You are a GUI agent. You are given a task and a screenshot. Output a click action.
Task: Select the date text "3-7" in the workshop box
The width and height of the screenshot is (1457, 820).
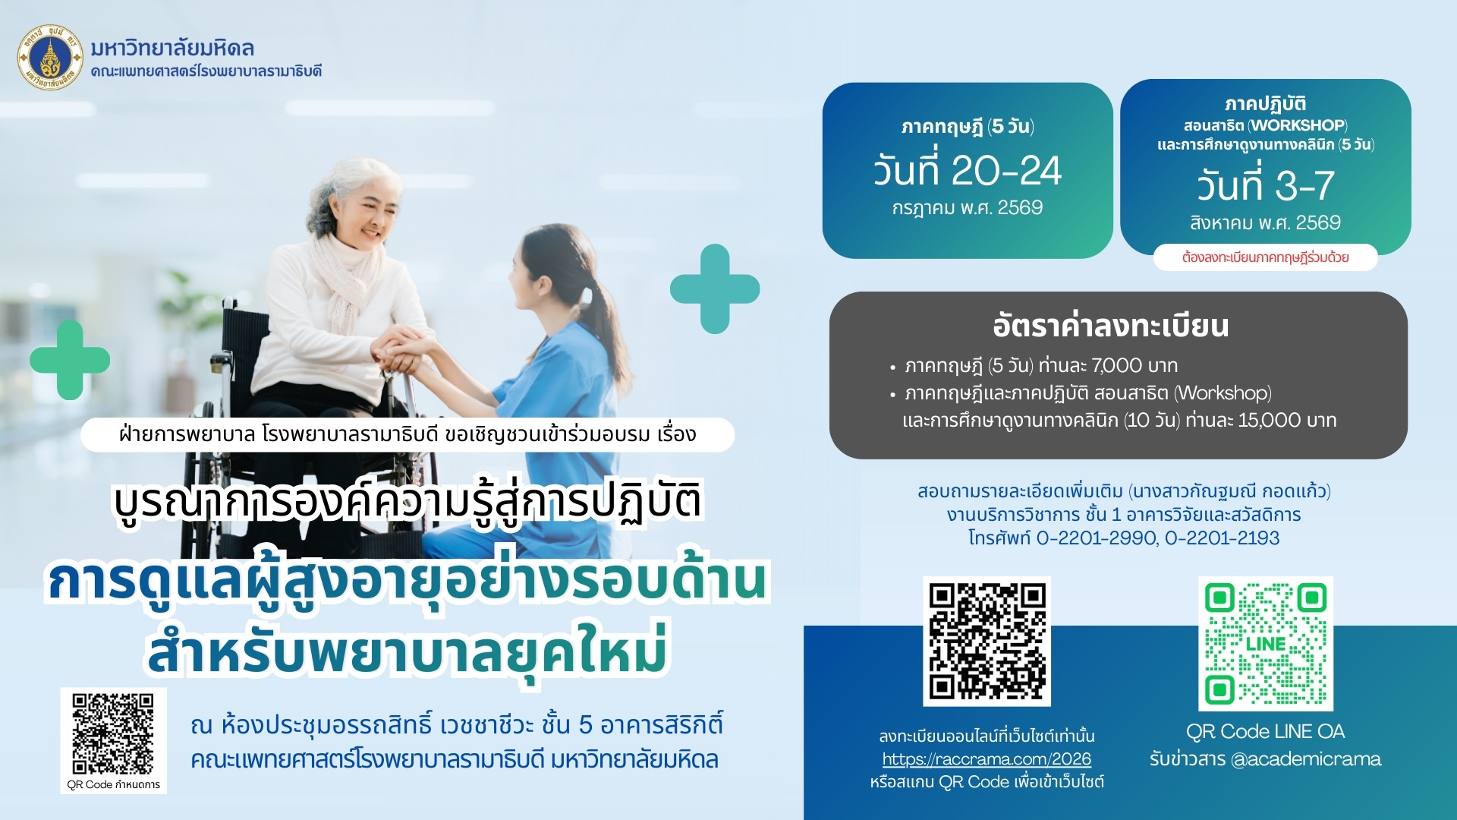point(1304,185)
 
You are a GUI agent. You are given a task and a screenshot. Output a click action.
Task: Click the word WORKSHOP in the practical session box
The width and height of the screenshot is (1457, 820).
point(1298,125)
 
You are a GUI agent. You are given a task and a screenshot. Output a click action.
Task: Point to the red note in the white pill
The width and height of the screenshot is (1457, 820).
point(1265,257)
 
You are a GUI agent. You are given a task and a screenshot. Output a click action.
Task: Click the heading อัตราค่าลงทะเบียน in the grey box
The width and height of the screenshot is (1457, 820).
point(1111,326)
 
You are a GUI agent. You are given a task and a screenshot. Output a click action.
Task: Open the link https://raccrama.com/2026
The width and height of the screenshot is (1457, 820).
point(987,759)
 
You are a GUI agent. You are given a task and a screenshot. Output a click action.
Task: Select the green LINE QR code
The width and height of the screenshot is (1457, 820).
point(1265,643)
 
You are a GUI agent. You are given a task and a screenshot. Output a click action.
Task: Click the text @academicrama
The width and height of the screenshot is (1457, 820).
point(1305,759)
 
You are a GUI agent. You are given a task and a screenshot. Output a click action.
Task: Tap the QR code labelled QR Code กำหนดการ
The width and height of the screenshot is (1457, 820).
point(113,733)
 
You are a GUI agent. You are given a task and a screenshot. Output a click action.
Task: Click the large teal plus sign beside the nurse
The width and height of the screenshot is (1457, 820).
point(714,289)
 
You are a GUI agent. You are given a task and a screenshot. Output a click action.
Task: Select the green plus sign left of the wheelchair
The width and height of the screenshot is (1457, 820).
point(70,360)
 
